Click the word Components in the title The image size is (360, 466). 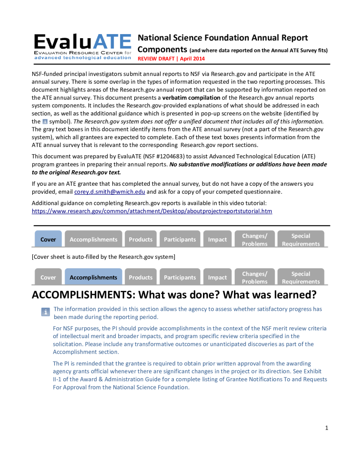[x=162, y=49]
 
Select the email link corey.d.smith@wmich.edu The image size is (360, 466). [x=109, y=192]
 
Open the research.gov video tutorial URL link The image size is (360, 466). [x=152, y=211]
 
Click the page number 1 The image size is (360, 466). [x=326, y=428]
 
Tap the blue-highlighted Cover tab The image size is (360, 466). [x=48, y=239]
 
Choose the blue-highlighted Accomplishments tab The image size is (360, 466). [x=93, y=277]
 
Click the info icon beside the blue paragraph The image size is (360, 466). [x=46, y=312]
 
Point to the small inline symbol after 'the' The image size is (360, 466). [x=45, y=122]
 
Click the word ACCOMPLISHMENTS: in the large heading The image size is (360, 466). [x=83, y=295]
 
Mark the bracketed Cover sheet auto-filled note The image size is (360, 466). [x=103, y=257]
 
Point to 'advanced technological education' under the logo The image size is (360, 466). [x=82, y=58]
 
